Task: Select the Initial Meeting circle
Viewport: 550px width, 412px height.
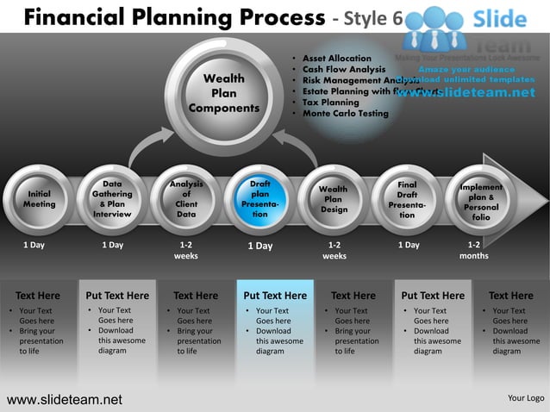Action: coord(39,200)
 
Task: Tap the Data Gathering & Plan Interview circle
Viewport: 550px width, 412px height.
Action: coord(112,200)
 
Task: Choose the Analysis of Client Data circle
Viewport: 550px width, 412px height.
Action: coord(186,200)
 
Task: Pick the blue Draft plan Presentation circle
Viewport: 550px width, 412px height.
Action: coord(259,200)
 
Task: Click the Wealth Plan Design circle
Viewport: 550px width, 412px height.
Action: coord(334,200)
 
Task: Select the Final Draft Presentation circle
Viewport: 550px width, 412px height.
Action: coord(407,200)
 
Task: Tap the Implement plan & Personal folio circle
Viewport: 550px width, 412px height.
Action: coord(480,200)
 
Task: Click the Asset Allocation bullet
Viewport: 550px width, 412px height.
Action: coord(337,58)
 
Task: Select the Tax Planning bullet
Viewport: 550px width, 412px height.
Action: coord(331,103)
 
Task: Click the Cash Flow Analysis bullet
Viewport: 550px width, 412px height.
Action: coord(344,69)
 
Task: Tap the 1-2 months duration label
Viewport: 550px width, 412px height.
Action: coord(474,250)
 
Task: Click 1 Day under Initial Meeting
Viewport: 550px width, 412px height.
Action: coord(34,245)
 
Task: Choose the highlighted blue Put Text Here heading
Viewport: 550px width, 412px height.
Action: coord(275,296)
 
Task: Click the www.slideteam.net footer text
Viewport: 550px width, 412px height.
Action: coord(65,399)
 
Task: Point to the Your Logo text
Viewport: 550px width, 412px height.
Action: coord(526,398)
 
